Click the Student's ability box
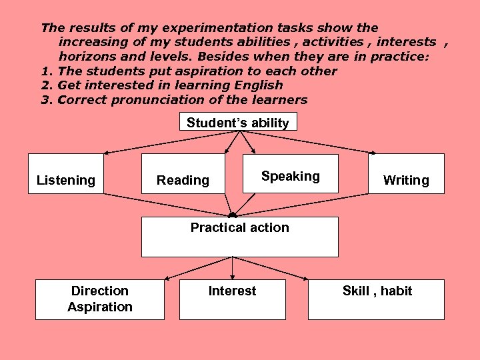238,122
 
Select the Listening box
66,174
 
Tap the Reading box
183,175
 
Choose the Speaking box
290,174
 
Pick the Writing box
406,174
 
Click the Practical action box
239,237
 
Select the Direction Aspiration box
100,299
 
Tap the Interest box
232,299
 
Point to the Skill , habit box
377,299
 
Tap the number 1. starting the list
47,71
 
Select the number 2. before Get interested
47,85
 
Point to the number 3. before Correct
47,100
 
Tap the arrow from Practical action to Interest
232,268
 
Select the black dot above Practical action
232,215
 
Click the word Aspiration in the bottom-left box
100,307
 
